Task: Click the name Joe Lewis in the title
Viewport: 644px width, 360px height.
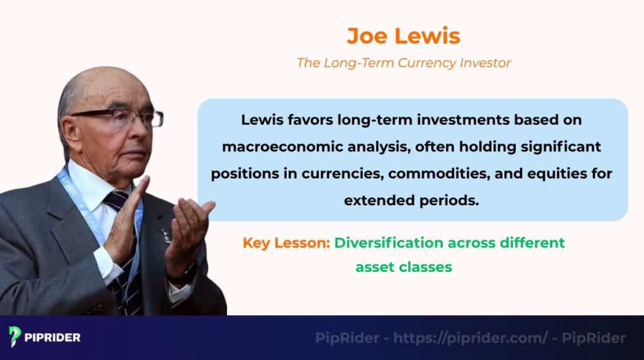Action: [x=403, y=36]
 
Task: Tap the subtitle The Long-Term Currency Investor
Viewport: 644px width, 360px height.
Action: [x=403, y=63]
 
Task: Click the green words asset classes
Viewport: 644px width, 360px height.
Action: [x=403, y=267]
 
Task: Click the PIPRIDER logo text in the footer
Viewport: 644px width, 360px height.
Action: [x=53, y=337]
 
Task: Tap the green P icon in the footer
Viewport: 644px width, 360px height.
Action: [x=15, y=337]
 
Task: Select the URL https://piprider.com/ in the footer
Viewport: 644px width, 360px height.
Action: [x=470, y=338]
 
